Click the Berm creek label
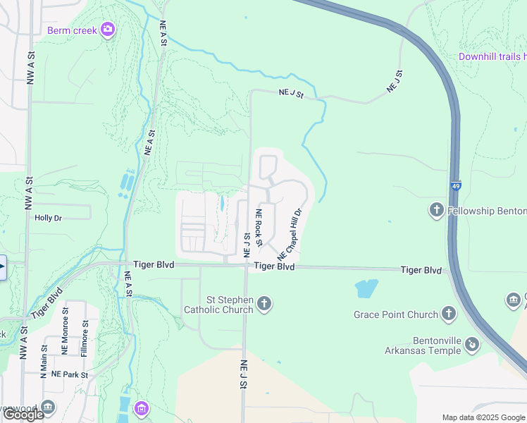(73, 30)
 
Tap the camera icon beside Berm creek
(108, 29)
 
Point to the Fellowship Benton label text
(487, 211)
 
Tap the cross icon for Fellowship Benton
(436, 210)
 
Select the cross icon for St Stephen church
(264, 305)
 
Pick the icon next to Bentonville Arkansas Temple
(472, 345)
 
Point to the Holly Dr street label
(49, 218)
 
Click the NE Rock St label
(259, 228)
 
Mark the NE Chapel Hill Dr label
(290, 233)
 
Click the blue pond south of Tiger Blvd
(366, 288)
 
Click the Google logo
(23, 415)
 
